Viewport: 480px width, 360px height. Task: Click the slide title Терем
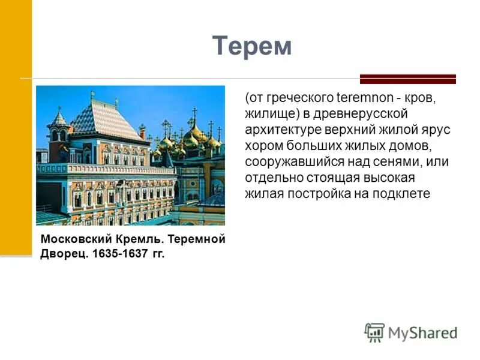[x=252, y=46]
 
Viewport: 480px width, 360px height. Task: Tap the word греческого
[x=290, y=98]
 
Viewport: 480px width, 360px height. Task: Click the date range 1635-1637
[x=120, y=254]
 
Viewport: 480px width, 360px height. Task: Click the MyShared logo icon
[x=374, y=332]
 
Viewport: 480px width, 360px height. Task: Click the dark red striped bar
[x=408, y=79]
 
